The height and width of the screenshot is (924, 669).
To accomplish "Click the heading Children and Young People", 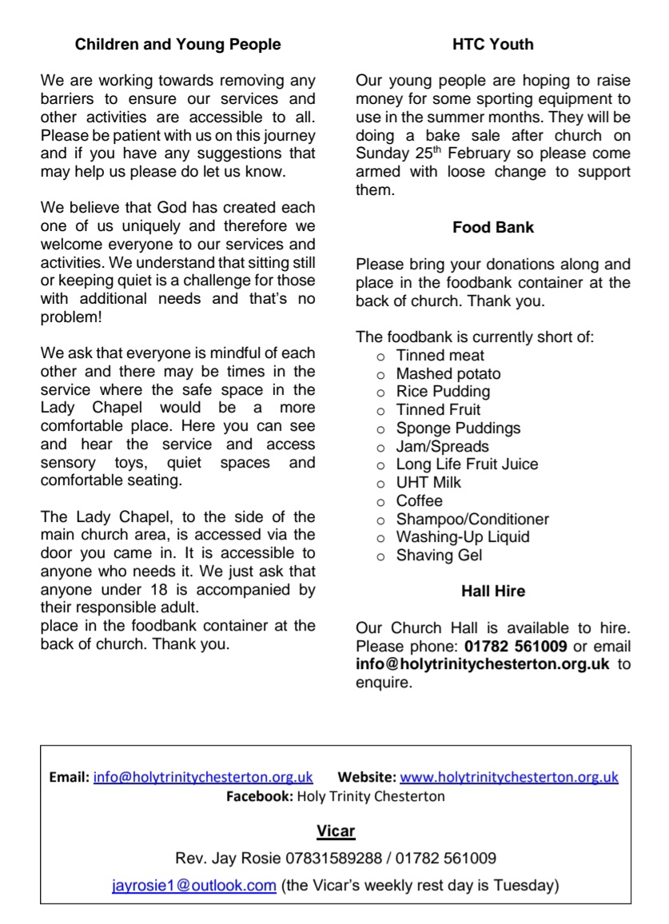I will pos(177,45).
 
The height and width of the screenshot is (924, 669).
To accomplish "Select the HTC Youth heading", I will pos(492,45).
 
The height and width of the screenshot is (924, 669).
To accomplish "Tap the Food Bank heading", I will pos(492,228).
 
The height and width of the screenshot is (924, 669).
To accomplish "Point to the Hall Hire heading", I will pos(492,592).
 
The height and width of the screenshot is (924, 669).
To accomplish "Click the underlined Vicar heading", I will pos(335,831).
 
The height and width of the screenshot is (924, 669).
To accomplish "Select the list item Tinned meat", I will pos(440,356).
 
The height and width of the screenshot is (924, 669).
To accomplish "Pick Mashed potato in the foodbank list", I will pos(448,374).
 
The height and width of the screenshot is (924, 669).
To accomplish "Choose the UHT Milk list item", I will pos(428,483).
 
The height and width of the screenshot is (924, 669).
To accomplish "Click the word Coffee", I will pos(419,501).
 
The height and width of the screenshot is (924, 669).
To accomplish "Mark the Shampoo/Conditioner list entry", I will pos(472,520).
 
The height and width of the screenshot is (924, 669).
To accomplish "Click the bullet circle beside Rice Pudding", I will pos(380,392).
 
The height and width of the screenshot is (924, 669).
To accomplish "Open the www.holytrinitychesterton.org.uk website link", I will pos(508,777).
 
